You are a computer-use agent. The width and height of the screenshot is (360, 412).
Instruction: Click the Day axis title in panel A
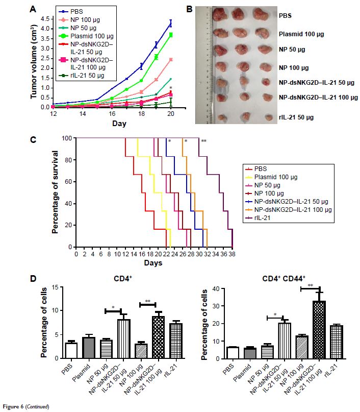[119, 124]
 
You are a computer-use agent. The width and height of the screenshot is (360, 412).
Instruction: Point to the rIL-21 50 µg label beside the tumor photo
[300, 117]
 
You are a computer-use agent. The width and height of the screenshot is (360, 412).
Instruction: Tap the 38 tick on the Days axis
[232, 253]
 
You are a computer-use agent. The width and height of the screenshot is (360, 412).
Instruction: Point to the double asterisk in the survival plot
[203, 141]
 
